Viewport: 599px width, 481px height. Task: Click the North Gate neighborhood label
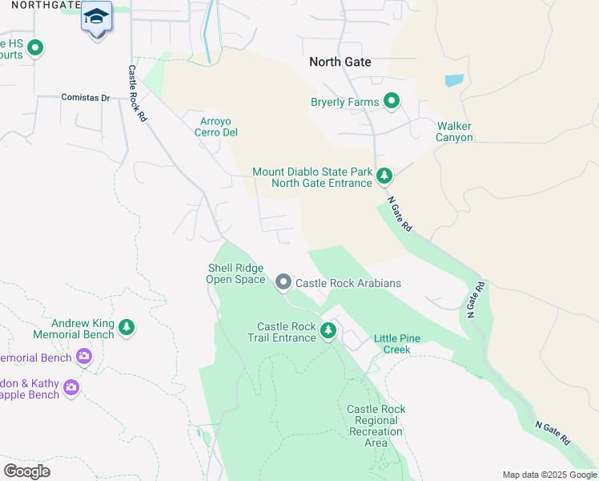click(x=341, y=62)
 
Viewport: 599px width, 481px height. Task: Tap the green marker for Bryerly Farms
click(x=392, y=101)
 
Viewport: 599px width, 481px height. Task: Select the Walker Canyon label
click(x=454, y=131)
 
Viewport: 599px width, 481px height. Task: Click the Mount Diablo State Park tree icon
click(x=384, y=176)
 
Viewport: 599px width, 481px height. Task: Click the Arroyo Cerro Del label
click(x=216, y=127)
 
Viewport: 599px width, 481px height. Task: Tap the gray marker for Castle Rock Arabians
click(x=283, y=282)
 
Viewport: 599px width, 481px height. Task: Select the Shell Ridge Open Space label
click(x=235, y=274)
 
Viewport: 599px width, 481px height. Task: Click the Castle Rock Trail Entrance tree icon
click(x=328, y=331)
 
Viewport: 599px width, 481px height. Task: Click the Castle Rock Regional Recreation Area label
click(x=376, y=426)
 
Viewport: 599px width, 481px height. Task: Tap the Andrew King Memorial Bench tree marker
click(x=126, y=327)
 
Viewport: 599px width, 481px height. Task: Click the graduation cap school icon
click(x=97, y=18)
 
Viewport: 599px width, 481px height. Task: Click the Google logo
click(x=26, y=471)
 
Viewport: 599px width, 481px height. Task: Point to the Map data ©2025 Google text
click(x=550, y=475)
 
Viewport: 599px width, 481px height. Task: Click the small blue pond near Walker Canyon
click(x=454, y=81)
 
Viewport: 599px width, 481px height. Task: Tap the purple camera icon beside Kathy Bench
click(x=71, y=388)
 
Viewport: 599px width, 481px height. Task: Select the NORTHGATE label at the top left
click(x=40, y=5)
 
